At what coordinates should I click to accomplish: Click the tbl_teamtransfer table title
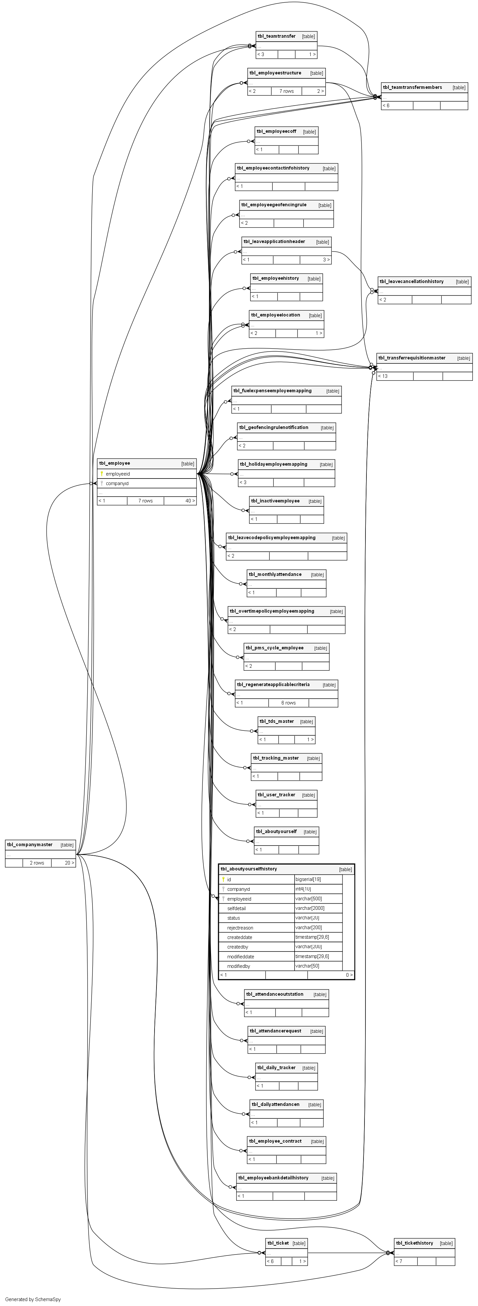(276, 36)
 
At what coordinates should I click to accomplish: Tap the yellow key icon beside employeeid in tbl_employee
(102, 474)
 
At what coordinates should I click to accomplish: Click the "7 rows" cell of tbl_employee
(145, 500)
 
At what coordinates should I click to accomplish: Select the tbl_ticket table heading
(278, 1243)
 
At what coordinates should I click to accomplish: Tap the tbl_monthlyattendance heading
(275, 574)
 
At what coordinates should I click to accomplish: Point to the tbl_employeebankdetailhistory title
(273, 1178)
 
